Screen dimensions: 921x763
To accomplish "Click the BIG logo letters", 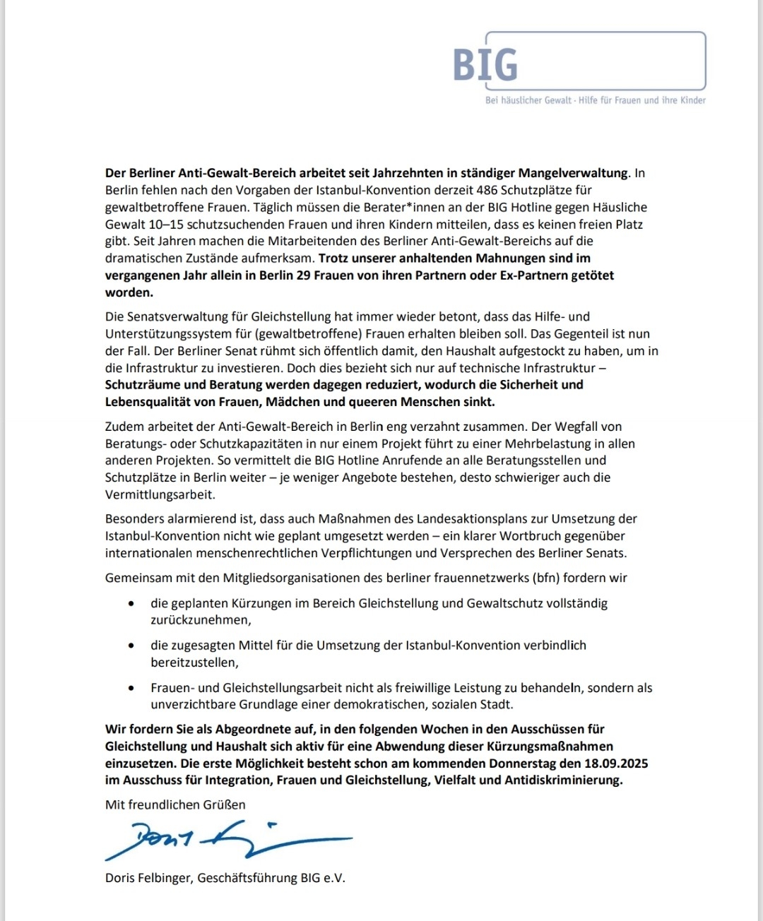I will click(485, 64).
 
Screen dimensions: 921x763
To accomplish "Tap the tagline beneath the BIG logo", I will click(595, 100).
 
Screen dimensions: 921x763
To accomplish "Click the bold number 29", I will click(303, 275).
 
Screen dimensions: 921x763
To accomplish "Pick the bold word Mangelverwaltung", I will click(573, 173).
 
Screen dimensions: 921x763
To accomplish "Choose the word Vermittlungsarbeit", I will click(160, 494).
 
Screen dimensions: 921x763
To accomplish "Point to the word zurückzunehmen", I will click(200, 620).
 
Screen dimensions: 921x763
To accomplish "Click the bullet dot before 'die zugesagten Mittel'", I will click(131, 646).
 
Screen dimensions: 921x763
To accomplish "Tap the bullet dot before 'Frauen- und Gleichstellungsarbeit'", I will click(131, 688).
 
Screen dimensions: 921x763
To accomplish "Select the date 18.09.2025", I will click(616, 763).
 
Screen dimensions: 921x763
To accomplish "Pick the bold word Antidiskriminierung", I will click(563, 780).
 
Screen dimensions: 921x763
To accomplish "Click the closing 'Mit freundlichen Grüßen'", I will click(175, 804).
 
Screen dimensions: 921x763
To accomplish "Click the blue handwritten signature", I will click(226, 838).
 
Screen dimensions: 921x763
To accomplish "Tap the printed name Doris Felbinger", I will click(148, 878).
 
